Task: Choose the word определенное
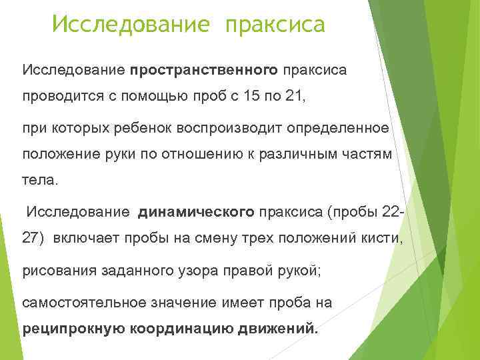345,127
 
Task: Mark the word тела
39,180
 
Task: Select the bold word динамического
196,213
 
